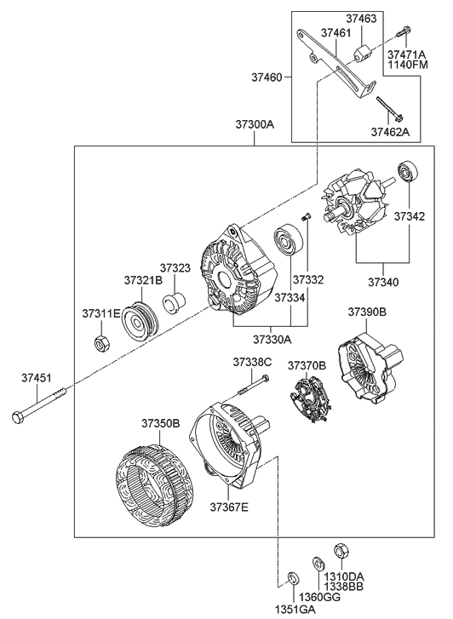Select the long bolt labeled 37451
[x=42, y=406]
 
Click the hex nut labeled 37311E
[x=100, y=344]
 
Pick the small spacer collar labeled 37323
[x=175, y=301]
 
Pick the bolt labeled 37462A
[x=389, y=111]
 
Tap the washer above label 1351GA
[x=291, y=579]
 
